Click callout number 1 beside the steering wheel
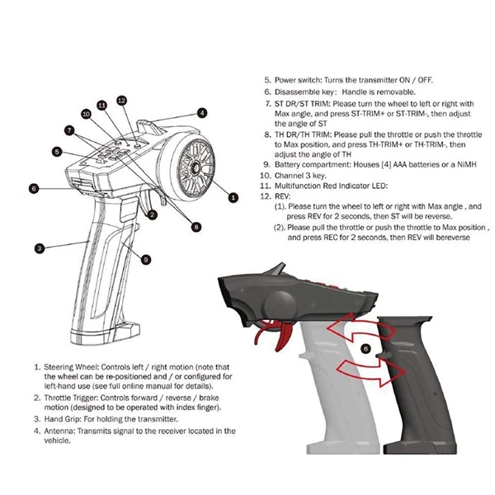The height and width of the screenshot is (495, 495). [x=233, y=197]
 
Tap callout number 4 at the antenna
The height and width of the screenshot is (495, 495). [x=201, y=113]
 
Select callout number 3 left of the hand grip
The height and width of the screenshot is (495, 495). [x=38, y=247]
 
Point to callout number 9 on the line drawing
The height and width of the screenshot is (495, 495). [x=144, y=259]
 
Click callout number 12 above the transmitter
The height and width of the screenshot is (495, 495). [x=121, y=100]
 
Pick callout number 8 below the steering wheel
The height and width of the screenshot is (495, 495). [x=196, y=226]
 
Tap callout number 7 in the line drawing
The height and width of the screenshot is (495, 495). [x=70, y=130]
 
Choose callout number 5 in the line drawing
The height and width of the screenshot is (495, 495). [x=56, y=151]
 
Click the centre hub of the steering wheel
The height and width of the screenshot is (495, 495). [x=198, y=167]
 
